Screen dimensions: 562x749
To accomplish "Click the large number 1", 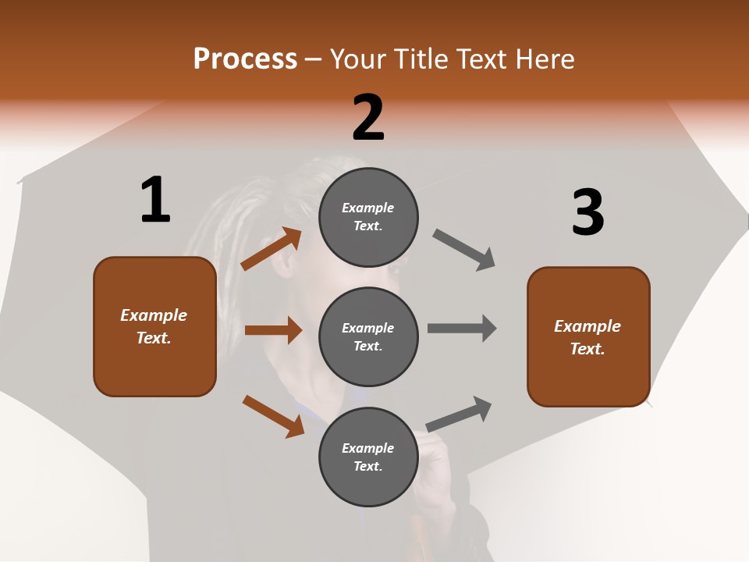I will click(155, 201).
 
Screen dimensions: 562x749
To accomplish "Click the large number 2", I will click(368, 118).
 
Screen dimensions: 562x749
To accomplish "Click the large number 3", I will click(587, 212).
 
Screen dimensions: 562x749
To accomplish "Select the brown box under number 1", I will click(154, 326).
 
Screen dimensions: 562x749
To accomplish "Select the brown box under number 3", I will click(588, 337).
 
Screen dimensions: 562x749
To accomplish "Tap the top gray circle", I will click(368, 217).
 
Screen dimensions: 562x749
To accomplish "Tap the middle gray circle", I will click(368, 336).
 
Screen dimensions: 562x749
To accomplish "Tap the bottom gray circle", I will click(368, 457).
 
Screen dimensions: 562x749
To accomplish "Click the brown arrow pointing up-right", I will click(272, 249).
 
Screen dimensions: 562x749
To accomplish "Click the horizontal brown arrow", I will click(273, 330).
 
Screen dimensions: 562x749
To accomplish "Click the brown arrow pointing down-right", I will click(273, 416).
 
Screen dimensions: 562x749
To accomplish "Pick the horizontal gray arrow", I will click(462, 328).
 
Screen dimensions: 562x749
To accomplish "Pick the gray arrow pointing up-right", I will click(459, 414).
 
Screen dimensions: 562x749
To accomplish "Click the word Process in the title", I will click(245, 59).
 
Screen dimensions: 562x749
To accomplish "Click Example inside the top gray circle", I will click(368, 208).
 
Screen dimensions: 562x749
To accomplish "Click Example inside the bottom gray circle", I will click(368, 448).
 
